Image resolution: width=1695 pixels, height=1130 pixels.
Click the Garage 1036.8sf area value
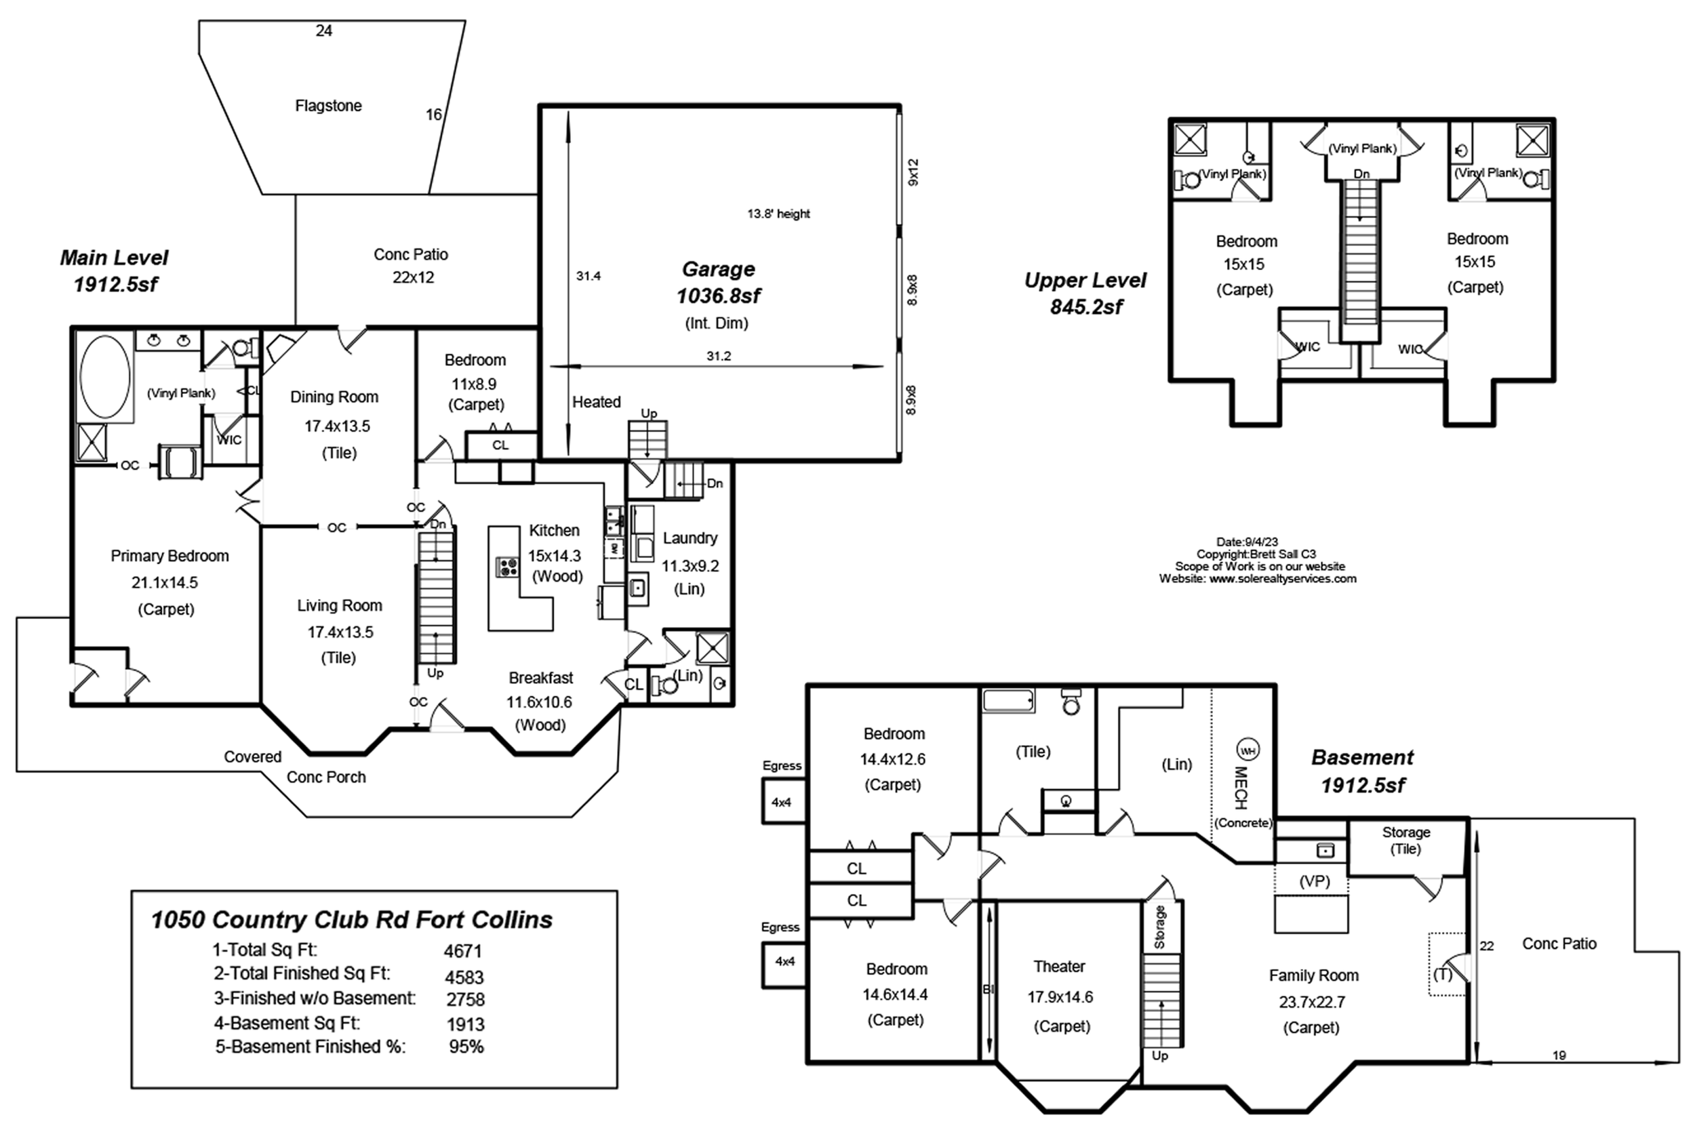point(719,296)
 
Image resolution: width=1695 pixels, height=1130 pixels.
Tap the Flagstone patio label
point(329,106)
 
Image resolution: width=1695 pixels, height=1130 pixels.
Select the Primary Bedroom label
point(169,557)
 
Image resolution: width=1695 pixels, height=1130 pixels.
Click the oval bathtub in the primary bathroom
point(105,377)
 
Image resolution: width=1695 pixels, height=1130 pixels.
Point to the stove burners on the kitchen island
point(507,567)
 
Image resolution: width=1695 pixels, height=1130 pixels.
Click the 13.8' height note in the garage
point(778,214)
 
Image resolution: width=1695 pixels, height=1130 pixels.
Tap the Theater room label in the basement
point(1058,967)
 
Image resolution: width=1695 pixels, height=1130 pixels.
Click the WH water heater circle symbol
point(1248,751)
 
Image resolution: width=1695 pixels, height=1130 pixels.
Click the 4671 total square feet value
point(462,951)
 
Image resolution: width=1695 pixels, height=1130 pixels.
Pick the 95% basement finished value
point(466,1047)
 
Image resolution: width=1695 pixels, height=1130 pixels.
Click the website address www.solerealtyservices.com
point(1283,579)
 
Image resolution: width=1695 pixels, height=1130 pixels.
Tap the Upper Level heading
point(1085,281)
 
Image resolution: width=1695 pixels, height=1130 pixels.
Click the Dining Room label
point(334,397)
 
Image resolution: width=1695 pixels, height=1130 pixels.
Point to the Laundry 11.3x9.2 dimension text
point(690,567)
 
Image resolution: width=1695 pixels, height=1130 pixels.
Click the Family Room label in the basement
point(1314,975)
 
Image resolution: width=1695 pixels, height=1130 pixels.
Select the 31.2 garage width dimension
point(719,356)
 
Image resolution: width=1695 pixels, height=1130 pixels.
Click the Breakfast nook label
point(540,678)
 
